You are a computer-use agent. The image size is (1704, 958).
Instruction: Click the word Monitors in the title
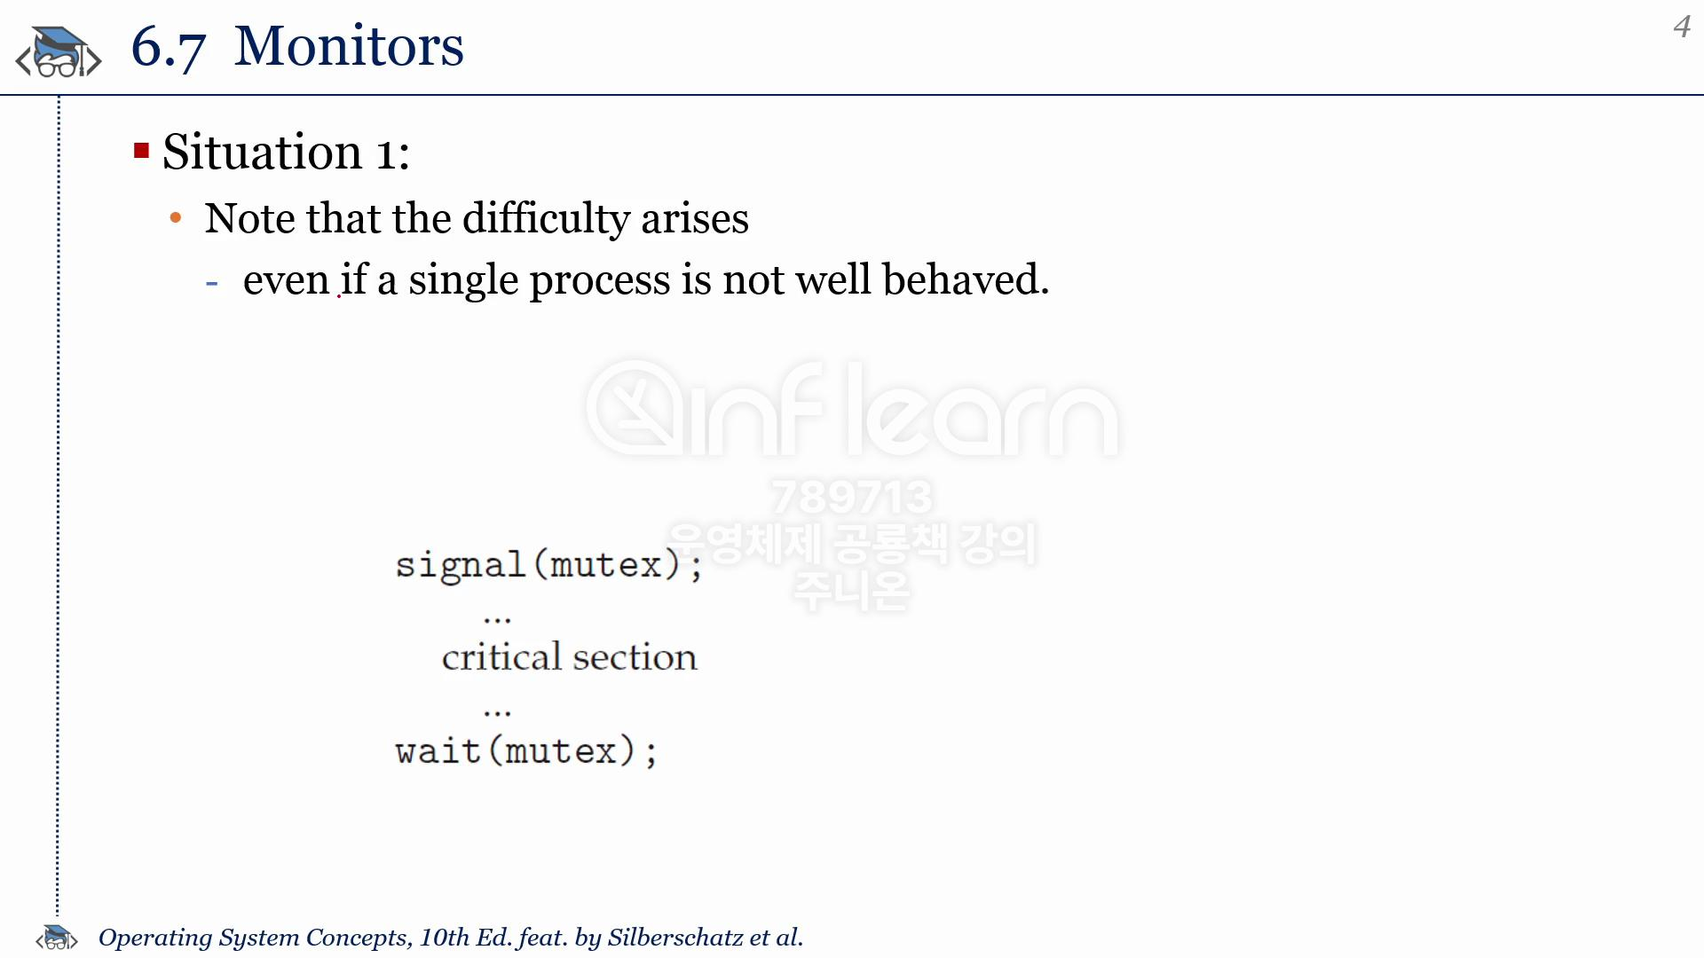(x=349, y=46)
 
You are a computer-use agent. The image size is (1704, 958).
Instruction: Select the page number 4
(x=1682, y=27)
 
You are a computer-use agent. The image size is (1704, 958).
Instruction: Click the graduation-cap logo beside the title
(x=59, y=52)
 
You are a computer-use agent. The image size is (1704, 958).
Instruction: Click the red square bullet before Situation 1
(x=141, y=150)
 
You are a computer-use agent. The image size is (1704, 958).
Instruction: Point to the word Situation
(x=263, y=152)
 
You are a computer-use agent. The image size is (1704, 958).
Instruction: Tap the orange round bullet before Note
(x=176, y=217)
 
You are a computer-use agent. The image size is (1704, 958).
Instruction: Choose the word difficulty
(x=546, y=219)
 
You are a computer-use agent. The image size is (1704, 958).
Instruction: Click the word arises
(x=695, y=219)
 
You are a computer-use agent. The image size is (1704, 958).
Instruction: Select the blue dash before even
(x=211, y=284)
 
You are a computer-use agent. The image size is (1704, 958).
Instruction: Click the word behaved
(x=966, y=279)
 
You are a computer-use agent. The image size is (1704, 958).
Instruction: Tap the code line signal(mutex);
(x=548, y=565)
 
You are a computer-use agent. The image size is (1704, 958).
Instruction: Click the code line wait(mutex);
(x=526, y=751)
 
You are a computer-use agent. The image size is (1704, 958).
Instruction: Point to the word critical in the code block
(x=502, y=657)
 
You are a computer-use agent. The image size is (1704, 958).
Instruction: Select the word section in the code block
(x=635, y=657)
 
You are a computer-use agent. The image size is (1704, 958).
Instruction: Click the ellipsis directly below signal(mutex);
(x=498, y=619)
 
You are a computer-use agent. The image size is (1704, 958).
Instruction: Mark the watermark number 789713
(x=852, y=497)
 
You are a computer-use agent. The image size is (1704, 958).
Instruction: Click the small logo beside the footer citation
(x=57, y=938)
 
